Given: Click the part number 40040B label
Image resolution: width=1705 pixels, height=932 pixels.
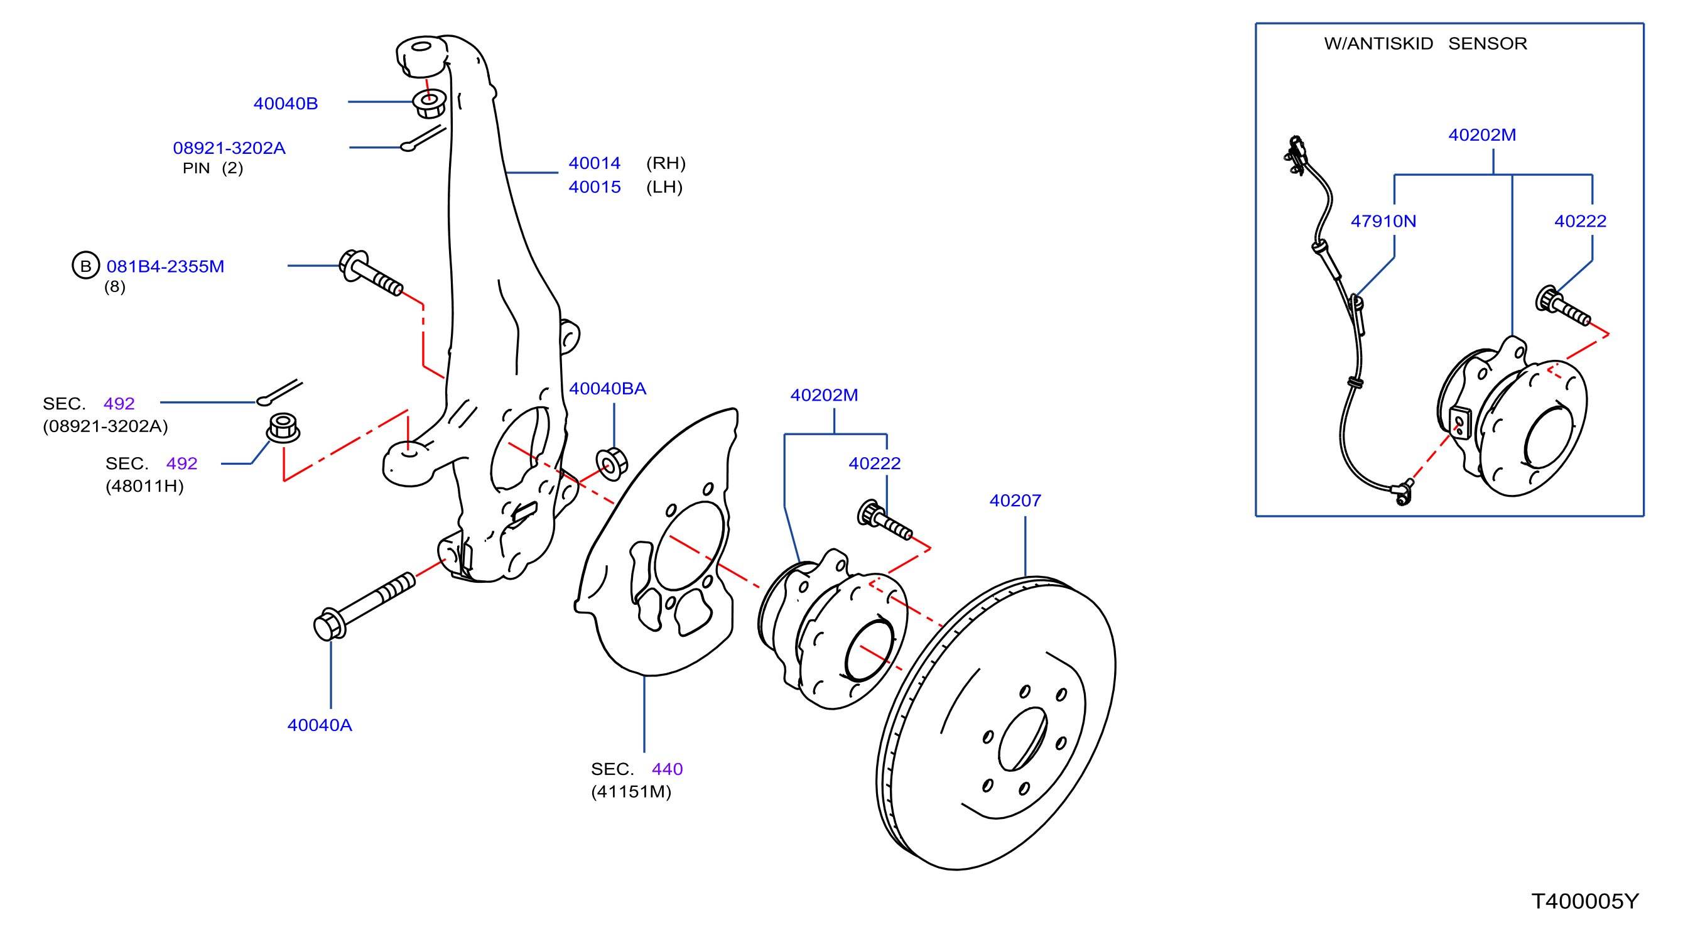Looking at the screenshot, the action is [x=285, y=103].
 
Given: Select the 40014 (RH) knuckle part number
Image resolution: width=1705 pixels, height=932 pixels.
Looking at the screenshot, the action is [x=594, y=163].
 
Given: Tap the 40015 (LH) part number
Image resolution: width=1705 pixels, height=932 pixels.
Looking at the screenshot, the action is [x=594, y=187].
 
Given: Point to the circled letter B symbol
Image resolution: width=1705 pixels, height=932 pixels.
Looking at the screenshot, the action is [x=85, y=266].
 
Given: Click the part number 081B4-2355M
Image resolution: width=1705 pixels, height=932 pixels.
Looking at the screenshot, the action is [x=165, y=266].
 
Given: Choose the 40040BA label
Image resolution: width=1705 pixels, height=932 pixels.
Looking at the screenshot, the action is [x=608, y=389].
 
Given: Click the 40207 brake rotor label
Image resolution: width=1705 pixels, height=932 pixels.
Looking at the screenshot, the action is [x=1015, y=501].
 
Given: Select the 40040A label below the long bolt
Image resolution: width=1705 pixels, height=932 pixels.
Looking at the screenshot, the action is [x=320, y=725].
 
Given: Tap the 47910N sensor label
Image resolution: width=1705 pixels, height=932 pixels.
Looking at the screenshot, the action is [x=1383, y=221].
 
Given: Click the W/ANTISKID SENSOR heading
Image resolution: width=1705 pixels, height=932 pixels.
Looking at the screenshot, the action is [x=1426, y=44].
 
